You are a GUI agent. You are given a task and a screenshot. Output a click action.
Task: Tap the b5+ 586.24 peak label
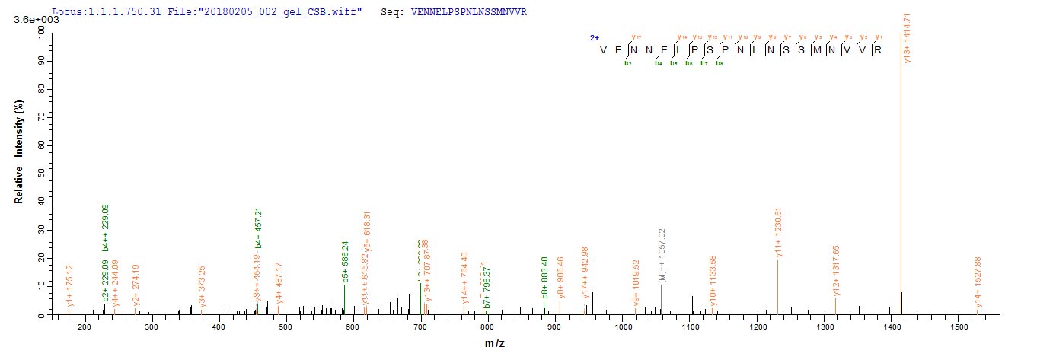point(346,265)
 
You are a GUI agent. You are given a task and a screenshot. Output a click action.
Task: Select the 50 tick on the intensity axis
point(40,174)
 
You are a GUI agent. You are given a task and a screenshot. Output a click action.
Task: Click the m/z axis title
point(495,344)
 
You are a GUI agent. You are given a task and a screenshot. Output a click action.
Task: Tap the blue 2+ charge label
point(594,37)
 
